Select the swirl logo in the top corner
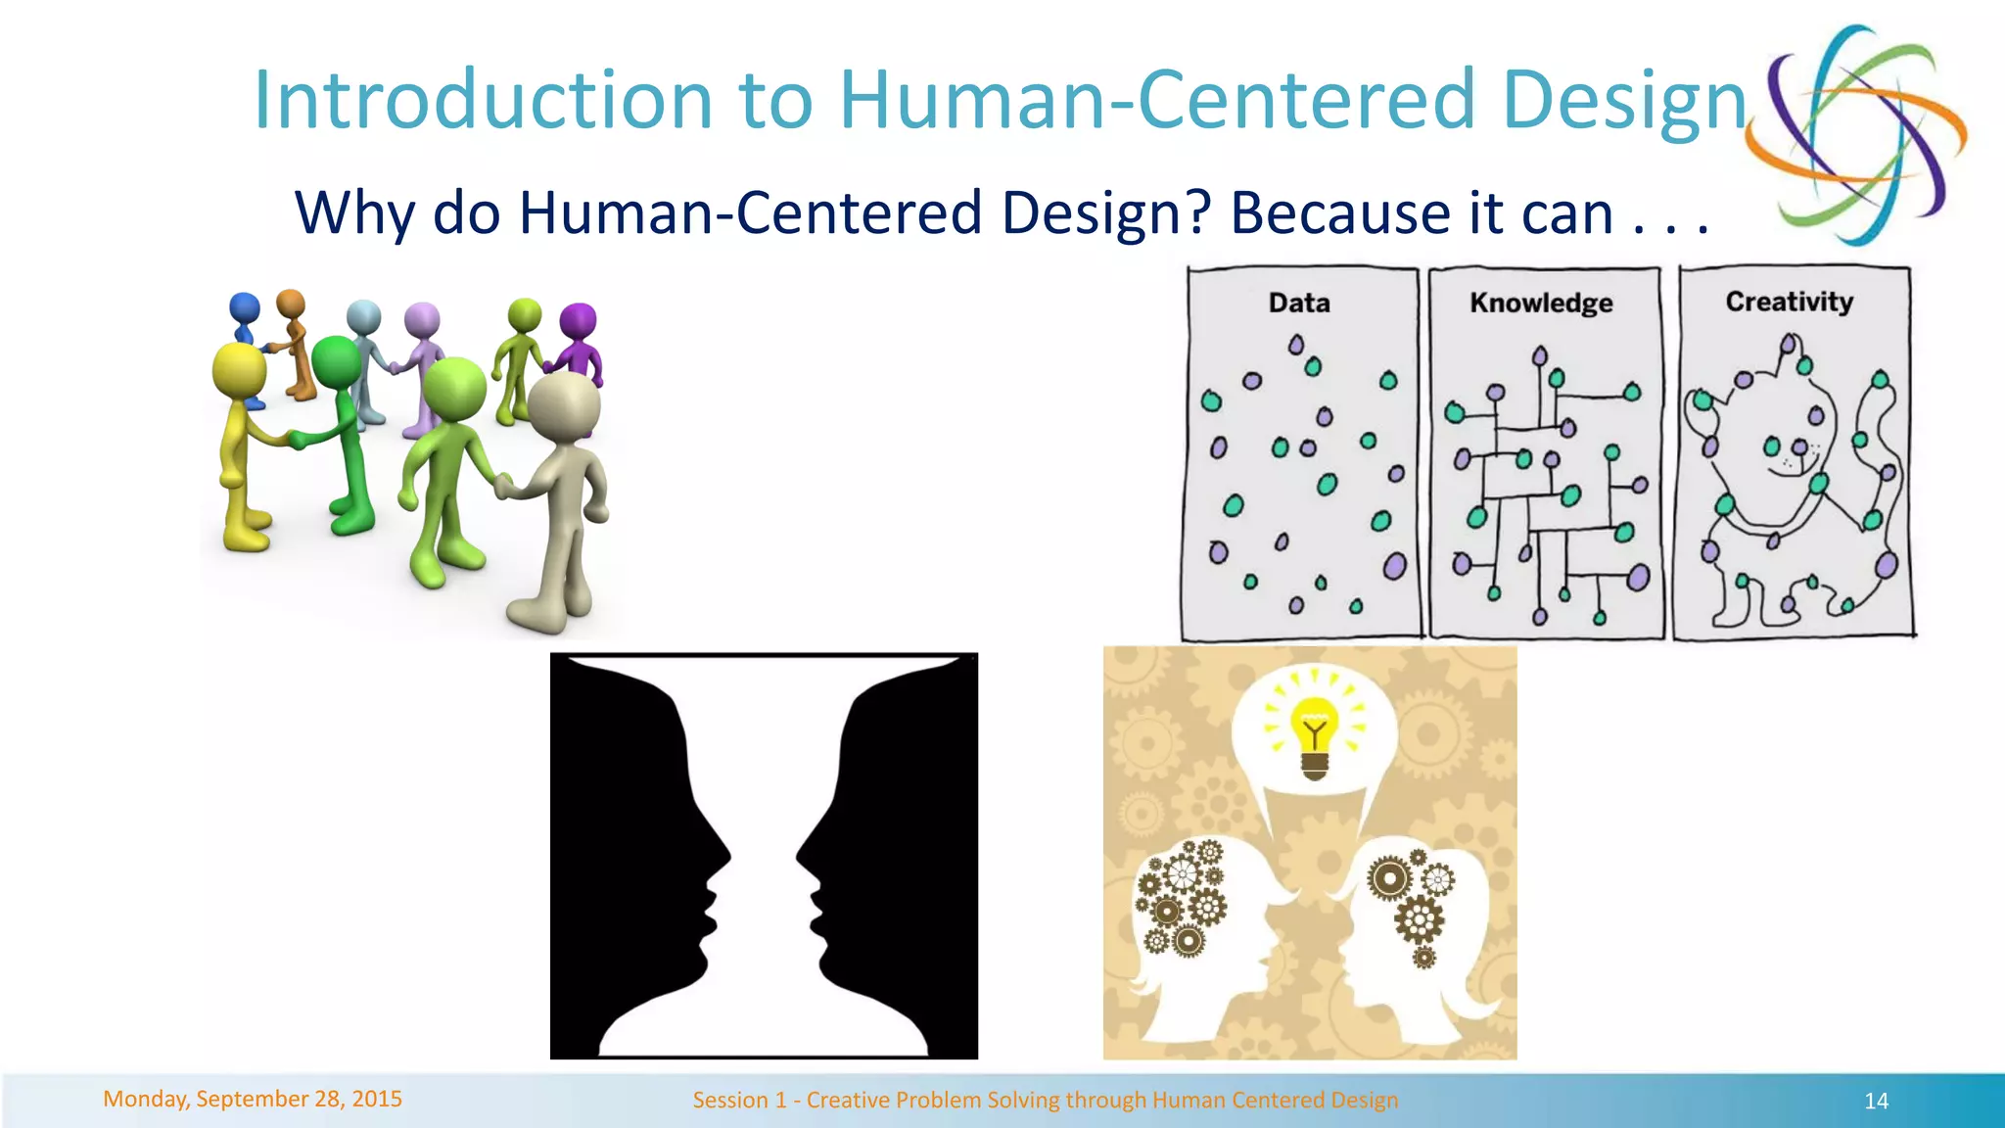pos(1856,134)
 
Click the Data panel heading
pos(1299,303)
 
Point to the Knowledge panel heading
pos(1541,303)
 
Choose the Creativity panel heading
pos(1789,302)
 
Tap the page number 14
pos(1876,1101)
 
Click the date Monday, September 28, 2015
pos(253,1099)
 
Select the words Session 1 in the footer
pos(739,1100)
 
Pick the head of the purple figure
pos(578,321)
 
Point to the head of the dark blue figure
pos(244,307)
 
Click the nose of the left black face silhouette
pos(728,854)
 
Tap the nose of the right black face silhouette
pos(799,854)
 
